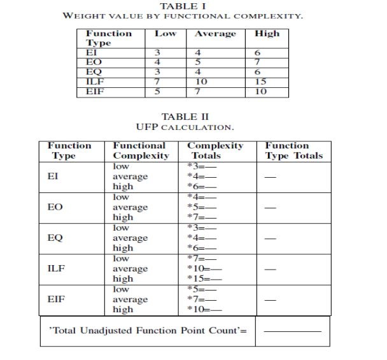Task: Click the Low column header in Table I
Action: tap(165, 34)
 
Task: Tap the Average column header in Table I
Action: tap(215, 34)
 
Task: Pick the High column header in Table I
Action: tap(267, 34)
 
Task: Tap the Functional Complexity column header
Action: tap(141, 150)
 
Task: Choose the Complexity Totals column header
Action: tap(215, 150)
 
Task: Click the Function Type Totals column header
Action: tap(293, 150)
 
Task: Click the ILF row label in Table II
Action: tap(57, 268)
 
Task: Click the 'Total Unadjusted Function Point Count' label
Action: tap(148, 331)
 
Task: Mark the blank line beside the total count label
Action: tap(293, 332)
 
